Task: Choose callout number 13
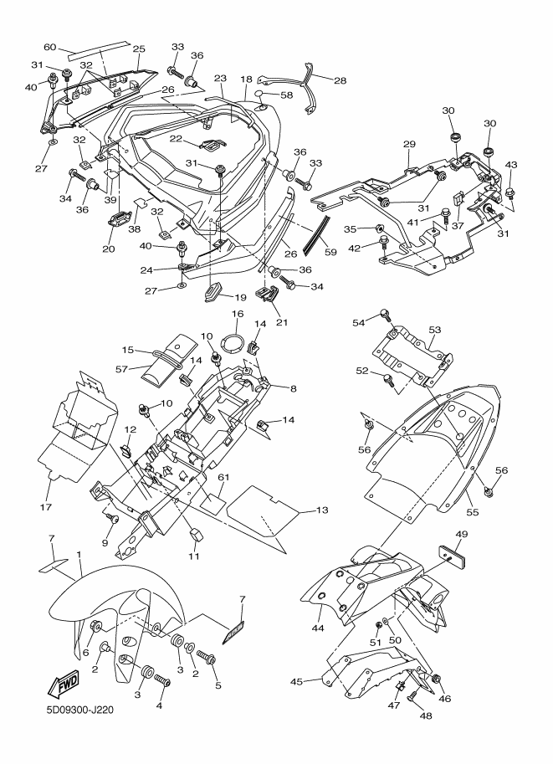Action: [322, 510]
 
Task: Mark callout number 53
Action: [434, 331]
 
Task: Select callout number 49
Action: [461, 534]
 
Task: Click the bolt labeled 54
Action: [387, 314]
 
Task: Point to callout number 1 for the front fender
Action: [79, 555]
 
